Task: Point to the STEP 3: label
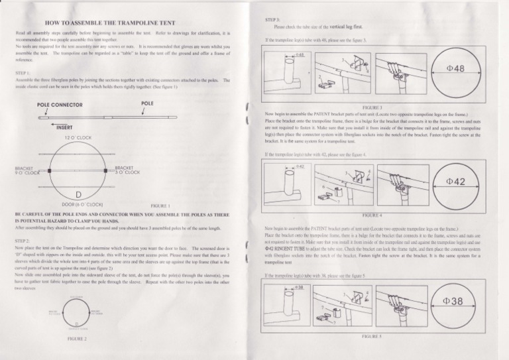(272, 21)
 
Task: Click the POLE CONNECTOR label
(60, 104)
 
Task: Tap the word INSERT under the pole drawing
(64, 127)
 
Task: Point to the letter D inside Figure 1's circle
(78, 194)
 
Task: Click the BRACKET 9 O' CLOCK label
(25, 170)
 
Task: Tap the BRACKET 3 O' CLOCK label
(126, 170)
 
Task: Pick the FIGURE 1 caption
(161, 206)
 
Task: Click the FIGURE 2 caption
(78, 338)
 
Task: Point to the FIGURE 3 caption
(372, 106)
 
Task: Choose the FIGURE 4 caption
(372, 215)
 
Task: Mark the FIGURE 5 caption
(372, 336)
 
